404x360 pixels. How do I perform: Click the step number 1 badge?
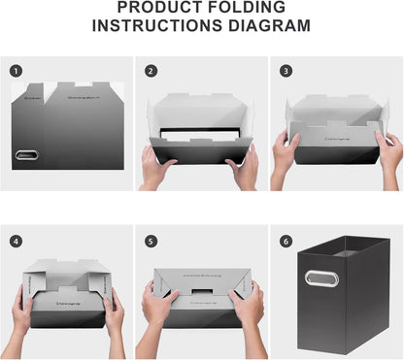pos(16,71)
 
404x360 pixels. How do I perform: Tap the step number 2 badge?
pos(151,71)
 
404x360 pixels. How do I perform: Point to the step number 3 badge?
pos(286,71)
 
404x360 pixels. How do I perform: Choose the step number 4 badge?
pos(16,241)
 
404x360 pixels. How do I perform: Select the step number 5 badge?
pos(151,241)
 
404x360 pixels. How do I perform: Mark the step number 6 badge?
pos(286,241)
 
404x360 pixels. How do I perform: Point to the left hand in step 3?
pos(285,152)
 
